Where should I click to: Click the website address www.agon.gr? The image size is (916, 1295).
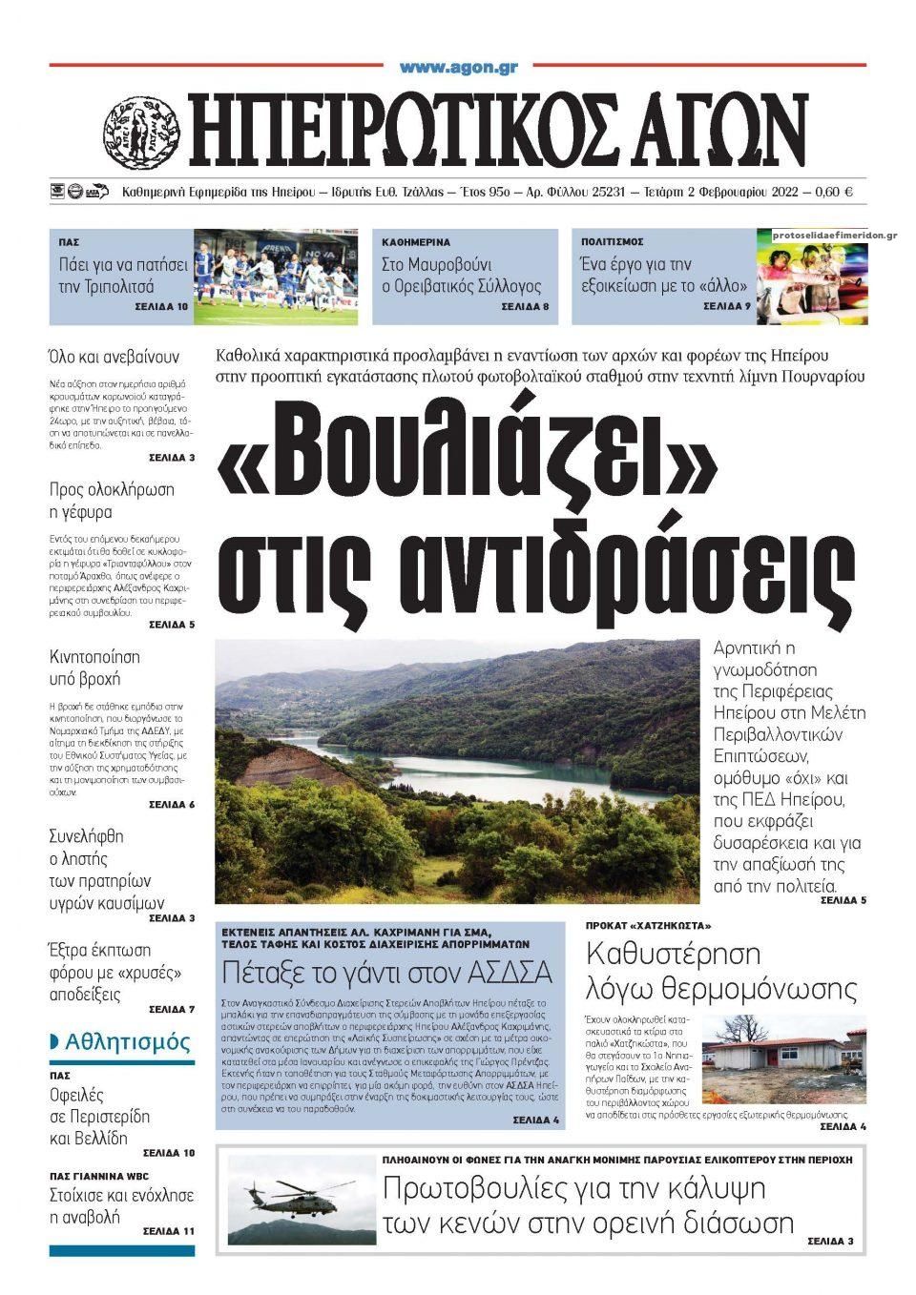coord(458,68)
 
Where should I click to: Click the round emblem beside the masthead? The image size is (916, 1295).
coord(142,132)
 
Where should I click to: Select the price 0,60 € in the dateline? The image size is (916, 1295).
coord(834,192)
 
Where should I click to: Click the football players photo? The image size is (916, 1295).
coord(276,277)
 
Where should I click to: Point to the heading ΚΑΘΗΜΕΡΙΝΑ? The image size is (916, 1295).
coord(416,242)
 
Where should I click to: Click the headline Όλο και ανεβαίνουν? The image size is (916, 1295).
coord(114,358)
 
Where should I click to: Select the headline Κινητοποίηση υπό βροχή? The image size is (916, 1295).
coord(94,668)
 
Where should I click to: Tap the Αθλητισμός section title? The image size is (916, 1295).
coord(128,1042)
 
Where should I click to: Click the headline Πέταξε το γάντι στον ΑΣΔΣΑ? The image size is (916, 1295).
coord(387,973)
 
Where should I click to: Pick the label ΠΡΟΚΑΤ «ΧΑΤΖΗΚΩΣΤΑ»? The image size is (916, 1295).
coord(648,926)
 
